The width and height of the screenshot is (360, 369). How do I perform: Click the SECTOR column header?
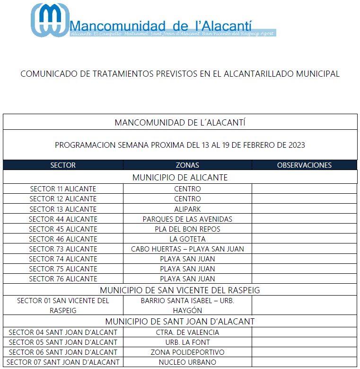click(63, 165)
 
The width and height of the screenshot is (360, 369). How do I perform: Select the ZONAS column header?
click(187, 165)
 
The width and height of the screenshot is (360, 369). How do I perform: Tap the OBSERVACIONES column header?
click(304, 165)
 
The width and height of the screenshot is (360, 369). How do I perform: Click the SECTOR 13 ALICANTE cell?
click(63, 209)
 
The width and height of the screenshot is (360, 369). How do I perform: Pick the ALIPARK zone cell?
click(187, 209)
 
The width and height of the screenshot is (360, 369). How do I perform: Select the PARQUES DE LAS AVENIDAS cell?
click(187, 219)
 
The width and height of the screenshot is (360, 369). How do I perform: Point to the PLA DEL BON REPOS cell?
click(187, 229)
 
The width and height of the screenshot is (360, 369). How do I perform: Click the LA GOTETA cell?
click(187, 239)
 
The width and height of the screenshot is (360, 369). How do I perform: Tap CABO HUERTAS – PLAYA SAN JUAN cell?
click(187, 249)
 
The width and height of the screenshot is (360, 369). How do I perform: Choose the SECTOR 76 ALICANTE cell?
click(63, 279)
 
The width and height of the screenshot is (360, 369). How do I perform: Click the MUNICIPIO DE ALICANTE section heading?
click(180, 178)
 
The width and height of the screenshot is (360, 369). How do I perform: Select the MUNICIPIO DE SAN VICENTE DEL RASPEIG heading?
click(180, 290)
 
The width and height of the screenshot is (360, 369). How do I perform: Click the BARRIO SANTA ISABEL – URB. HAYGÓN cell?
click(187, 306)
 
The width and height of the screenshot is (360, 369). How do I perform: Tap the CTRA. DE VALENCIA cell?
click(187, 333)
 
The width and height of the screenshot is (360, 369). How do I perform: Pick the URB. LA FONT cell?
click(187, 342)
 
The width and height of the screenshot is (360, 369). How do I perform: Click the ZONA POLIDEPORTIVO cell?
click(187, 352)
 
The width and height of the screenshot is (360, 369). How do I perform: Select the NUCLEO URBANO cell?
click(187, 362)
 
